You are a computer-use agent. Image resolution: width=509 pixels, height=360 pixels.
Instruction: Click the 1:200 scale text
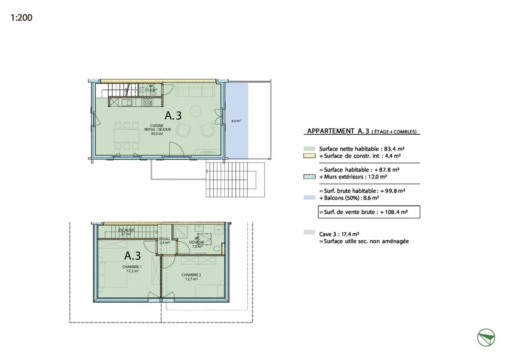point(22,18)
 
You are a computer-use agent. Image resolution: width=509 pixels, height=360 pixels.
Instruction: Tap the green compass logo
point(486,337)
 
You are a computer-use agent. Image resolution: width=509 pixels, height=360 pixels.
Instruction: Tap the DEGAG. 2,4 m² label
point(164,241)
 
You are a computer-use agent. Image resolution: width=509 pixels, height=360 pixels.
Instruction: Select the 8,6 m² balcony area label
point(236,121)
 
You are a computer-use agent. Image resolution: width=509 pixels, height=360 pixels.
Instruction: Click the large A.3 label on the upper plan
point(173,115)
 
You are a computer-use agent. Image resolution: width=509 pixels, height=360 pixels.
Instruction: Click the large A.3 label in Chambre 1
point(133,256)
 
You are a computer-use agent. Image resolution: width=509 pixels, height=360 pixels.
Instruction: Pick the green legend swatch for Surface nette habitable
point(309,149)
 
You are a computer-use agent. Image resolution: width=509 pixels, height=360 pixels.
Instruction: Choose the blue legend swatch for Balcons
point(309,198)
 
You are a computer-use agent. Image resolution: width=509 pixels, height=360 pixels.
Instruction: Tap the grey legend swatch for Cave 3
point(309,232)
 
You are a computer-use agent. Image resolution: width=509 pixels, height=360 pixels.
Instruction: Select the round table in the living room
point(195,111)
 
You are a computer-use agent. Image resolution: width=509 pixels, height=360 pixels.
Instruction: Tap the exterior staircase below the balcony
point(235,180)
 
